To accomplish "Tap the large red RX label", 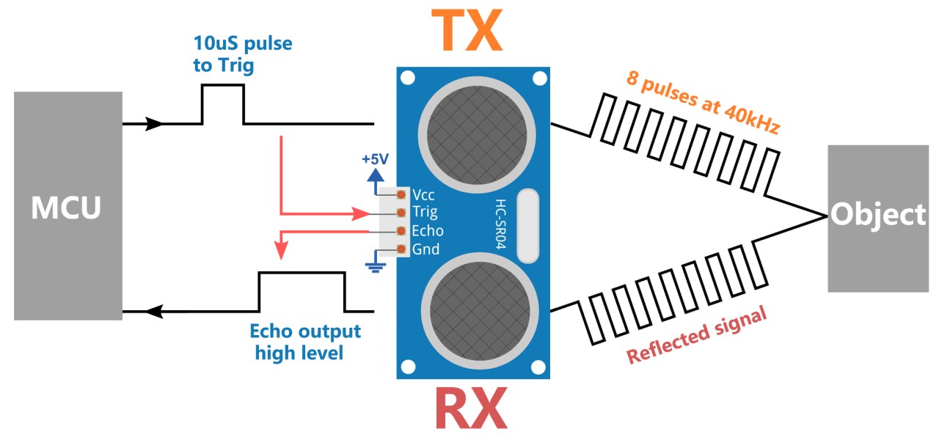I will click(470, 408).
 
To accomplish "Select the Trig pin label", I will click(426, 213).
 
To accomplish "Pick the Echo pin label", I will click(428, 231).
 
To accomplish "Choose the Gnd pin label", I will click(426, 249).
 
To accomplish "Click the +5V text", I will click(375, 159).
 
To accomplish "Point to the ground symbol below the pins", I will click(376, 265).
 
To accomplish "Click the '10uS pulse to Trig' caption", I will click(242, 54).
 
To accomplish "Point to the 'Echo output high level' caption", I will click(305, 342).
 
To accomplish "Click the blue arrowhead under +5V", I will click(375, 175).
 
